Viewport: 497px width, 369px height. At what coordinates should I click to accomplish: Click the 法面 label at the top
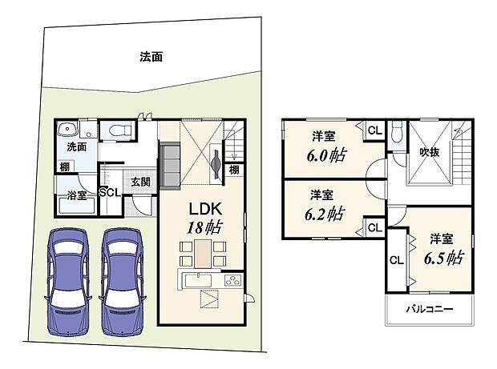click(152, 58)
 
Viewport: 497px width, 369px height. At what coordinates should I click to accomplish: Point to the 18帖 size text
click(196, 227)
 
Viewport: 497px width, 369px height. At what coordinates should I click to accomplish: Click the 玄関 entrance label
click(141, 182)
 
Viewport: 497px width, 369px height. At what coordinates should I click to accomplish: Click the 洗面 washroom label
click(76, 147)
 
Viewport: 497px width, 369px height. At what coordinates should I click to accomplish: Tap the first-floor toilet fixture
click(118, 130)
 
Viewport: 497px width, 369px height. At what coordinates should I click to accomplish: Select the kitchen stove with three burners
click(231, 281)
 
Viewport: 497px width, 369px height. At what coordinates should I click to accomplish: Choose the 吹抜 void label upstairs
click(429, 152)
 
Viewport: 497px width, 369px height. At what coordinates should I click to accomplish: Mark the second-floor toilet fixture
click(398, 130)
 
